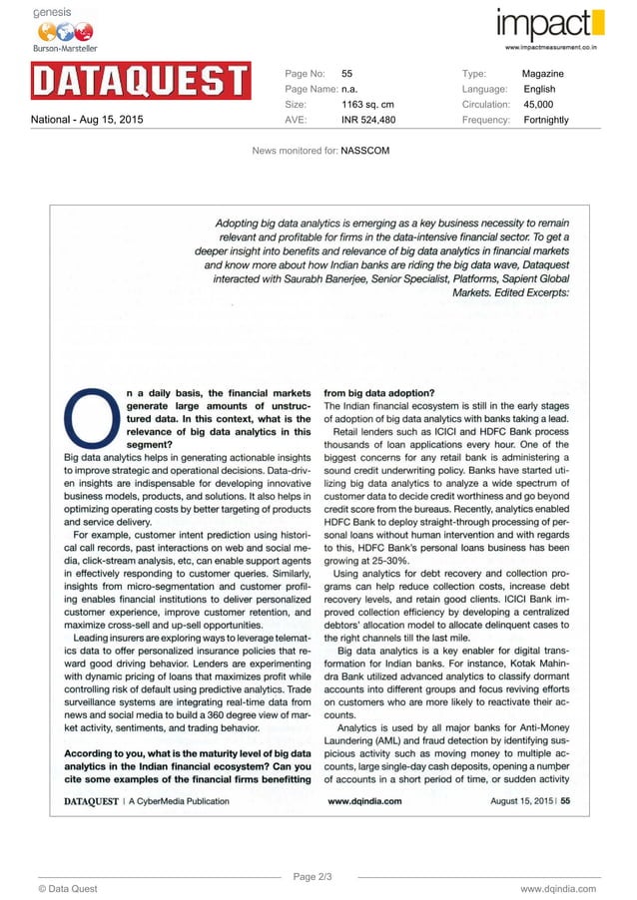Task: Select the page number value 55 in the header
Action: click(x=347, y=74)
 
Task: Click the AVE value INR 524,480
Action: click(x=368, y=120)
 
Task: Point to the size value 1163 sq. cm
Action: click(x=367, y=105)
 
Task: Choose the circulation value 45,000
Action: click(x=538, y=105)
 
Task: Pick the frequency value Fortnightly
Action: click(x=545, y=120)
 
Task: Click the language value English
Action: click(x=539, y=89)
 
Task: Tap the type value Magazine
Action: click(x=542, y=74)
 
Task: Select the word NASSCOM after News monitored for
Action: click(x=364, y=150)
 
